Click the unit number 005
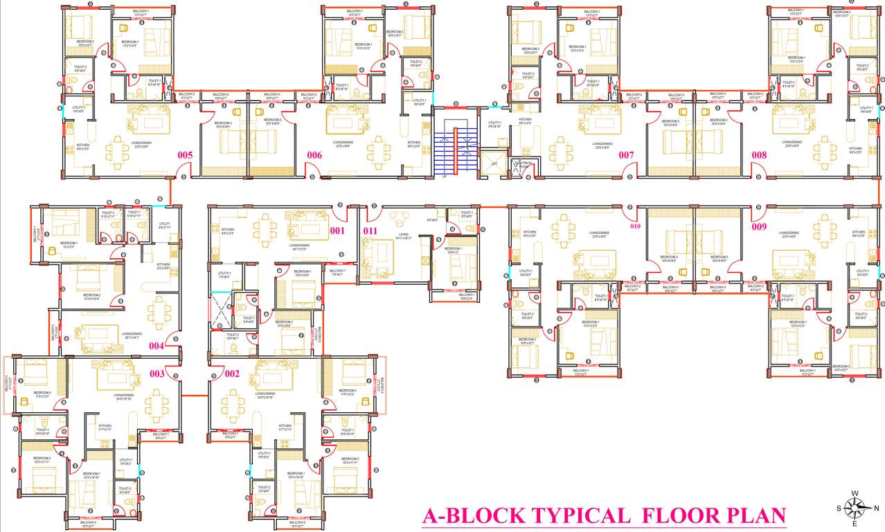[185, 155]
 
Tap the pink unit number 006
[315, 155]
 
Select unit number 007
[627, 155]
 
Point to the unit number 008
[759, 155]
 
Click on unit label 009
[760, 225]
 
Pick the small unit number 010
[636, 225]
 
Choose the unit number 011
[370, 231]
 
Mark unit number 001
[337, 231]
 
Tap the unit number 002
[231, 374]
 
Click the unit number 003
[157, 374]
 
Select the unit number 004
[157, 345]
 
